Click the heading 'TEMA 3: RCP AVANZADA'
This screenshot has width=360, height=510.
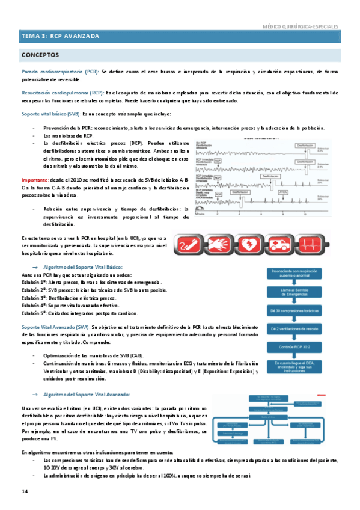click(x=60, y=37)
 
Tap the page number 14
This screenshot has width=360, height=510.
click(x=25, y=492)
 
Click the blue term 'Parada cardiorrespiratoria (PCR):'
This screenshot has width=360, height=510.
click(x=60, y=72)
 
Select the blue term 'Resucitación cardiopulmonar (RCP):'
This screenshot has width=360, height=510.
click(x=62, y=93)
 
